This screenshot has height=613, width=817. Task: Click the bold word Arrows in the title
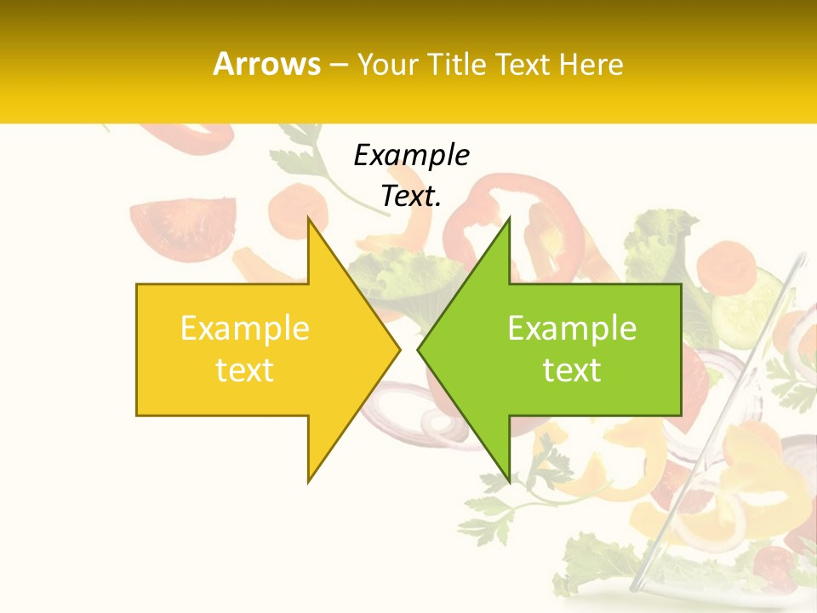point(267,64)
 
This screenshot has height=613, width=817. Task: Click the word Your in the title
point(388,64)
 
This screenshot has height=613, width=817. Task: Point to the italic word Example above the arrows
point(411,155)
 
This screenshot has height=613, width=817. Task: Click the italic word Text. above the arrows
point(411,196)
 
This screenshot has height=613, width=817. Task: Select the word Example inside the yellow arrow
point(244,328)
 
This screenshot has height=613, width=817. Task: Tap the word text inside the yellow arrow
point(244,370)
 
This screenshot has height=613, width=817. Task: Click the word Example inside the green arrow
point(572,328)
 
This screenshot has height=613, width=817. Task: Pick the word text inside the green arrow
point(572,370)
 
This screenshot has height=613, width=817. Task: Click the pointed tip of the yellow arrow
point(399,349)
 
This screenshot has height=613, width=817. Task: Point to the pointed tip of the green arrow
point(418,349)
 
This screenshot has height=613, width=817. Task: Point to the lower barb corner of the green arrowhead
point(509,481)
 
